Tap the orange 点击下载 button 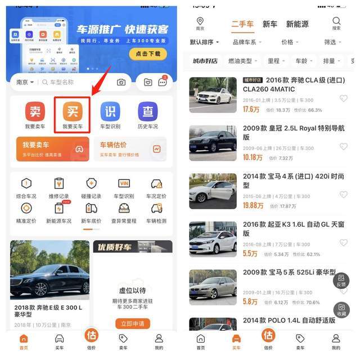click(x=148, y=53)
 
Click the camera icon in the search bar click(x=121, y=82)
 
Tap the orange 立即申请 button click(x=133, y=323)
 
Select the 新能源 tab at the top click(x=297, y=24)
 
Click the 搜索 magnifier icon click(x=336, y=22)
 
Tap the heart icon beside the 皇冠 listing click(x=343, y=147)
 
